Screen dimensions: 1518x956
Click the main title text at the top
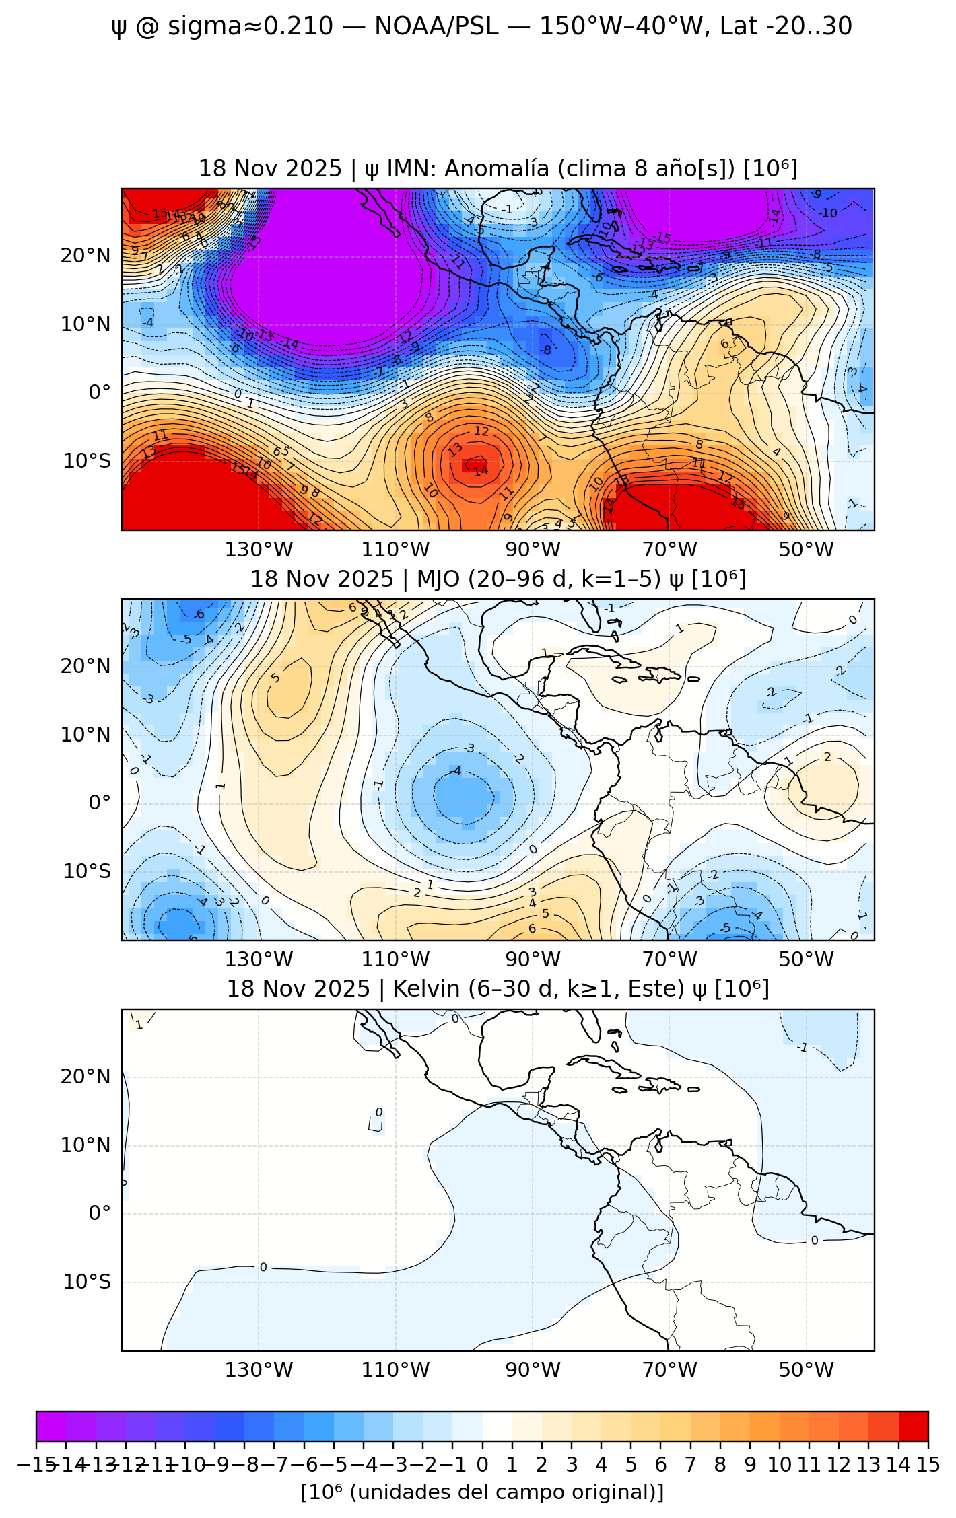[481, 27]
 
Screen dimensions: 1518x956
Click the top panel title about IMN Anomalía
[498, 168]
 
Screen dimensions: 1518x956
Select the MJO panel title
[498, 579]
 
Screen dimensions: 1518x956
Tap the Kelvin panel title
[498, 988]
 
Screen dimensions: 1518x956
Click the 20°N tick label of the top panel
[86, 256]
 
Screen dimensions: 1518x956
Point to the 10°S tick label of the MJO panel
[87, 871]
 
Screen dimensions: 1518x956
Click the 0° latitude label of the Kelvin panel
[100, 1213]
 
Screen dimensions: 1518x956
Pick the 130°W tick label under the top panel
[259, 550]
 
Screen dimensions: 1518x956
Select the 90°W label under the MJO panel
[533, 960]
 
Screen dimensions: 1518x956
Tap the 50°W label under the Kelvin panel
[806, 1369]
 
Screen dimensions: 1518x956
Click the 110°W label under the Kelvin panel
[395, 1369]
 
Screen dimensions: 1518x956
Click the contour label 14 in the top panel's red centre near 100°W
[480, 471]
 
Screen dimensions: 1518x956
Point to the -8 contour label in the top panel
[546, 350]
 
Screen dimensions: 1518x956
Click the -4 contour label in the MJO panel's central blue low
[456, 771]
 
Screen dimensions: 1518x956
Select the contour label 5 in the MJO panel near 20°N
[275, 677]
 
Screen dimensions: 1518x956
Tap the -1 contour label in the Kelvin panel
[802, 1048]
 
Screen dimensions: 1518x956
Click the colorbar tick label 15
[928, 1465]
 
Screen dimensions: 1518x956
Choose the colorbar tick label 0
[482, 1465]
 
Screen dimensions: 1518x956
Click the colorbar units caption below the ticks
[482, 1492]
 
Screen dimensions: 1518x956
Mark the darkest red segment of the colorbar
[913, 1426]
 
